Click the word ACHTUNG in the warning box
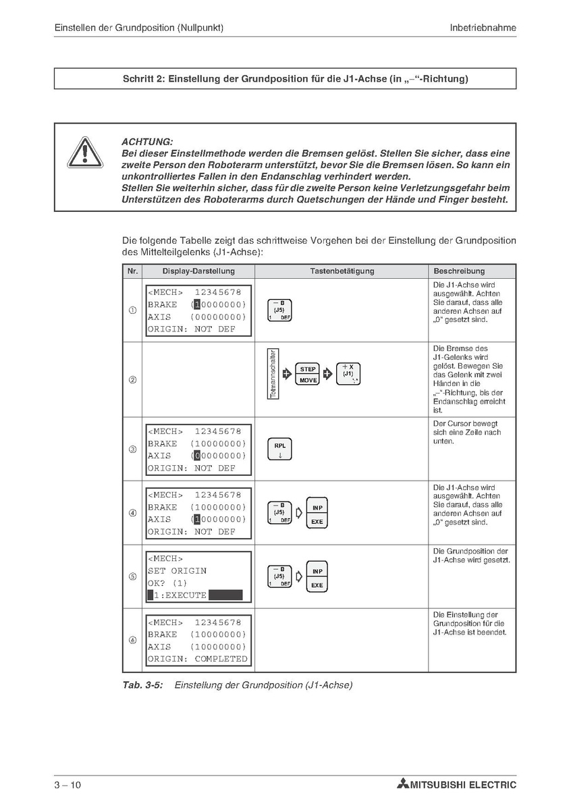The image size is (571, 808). [146, 142]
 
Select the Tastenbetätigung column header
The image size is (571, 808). [342, 271]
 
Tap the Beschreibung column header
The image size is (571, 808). [459, 271]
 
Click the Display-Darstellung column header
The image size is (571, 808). [198, 271]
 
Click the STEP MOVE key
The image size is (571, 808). [308, 375]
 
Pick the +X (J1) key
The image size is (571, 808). [348, 373]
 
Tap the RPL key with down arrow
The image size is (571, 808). [280, 450]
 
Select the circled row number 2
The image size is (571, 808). [132, 380]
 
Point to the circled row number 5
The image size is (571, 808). [132, 577]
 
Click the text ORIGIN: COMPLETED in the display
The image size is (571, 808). [198, 659]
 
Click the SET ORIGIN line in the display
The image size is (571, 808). [177, 570]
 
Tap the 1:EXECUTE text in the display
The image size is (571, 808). [180, 595]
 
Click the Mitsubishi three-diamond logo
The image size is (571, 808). [403, 784]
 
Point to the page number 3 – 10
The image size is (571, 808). [67, 784]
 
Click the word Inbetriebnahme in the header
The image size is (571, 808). [483, 28]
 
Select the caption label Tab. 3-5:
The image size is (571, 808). [142, 685]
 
